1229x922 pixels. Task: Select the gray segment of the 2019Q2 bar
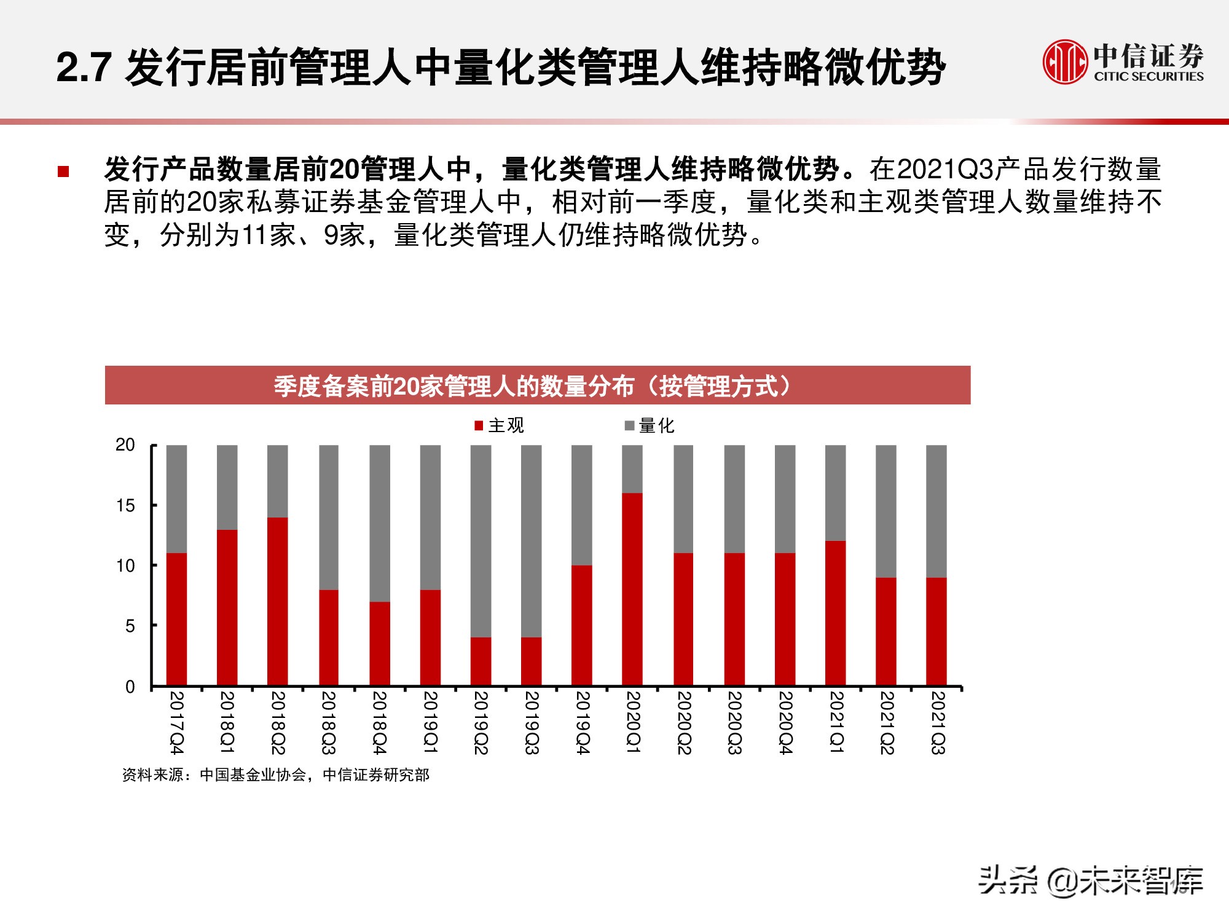(481, 541)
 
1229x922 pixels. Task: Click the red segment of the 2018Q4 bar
(379, 643)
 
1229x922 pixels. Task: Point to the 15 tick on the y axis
(125, 506)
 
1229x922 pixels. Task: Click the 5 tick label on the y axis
(130, 626)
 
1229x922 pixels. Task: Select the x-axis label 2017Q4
(176, 723)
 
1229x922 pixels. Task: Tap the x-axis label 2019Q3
(532, 723)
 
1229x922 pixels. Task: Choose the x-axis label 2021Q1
(836, 723)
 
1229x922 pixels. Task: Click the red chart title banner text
(532, 386)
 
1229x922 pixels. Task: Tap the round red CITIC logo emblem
(1064, 61)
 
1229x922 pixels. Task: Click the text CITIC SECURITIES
(1148, 77)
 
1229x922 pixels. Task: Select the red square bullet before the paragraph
(63, 171)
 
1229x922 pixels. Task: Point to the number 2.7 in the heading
(84, 68)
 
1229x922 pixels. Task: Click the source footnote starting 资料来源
(275, 775)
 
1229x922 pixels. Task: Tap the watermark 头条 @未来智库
(1090, 880)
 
